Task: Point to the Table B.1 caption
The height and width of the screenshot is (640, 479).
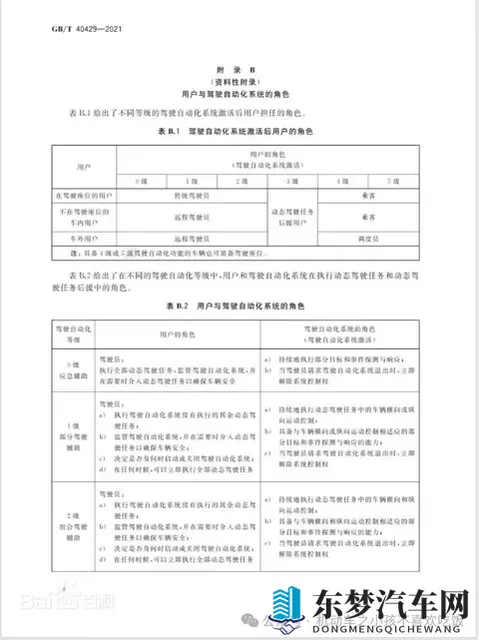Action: [239, 132]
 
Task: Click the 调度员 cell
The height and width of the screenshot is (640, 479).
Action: [368, 240]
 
